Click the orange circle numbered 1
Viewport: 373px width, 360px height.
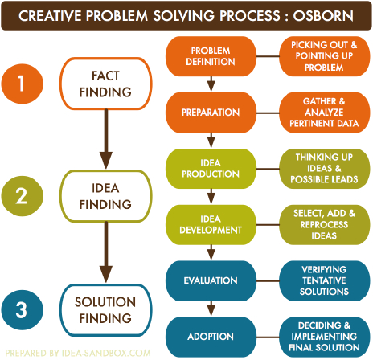click(25, 83)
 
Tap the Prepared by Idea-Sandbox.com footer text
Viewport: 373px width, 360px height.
click(77, 352)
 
